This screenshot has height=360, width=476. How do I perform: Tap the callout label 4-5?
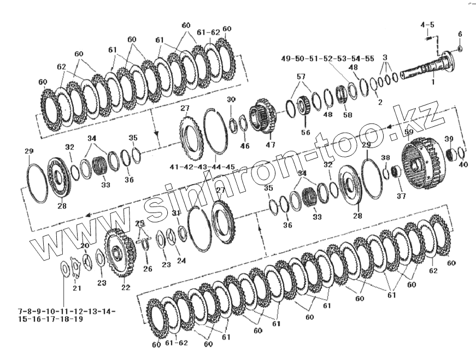[427, 25]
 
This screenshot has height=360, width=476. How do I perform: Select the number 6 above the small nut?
[460, 34]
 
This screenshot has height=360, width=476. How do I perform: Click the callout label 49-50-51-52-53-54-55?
[328, 58]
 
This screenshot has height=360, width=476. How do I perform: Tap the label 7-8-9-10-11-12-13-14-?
[59, 311]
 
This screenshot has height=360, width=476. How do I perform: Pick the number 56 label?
[305, 132]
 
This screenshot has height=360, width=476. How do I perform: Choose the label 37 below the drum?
[401, 196]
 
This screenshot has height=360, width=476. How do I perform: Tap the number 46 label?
[244, 146]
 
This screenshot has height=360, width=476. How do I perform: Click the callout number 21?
[77, 288]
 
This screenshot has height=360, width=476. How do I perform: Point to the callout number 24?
[181, 261]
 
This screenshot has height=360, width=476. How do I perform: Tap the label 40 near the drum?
[463, 164]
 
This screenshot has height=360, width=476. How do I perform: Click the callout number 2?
[380, 102]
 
